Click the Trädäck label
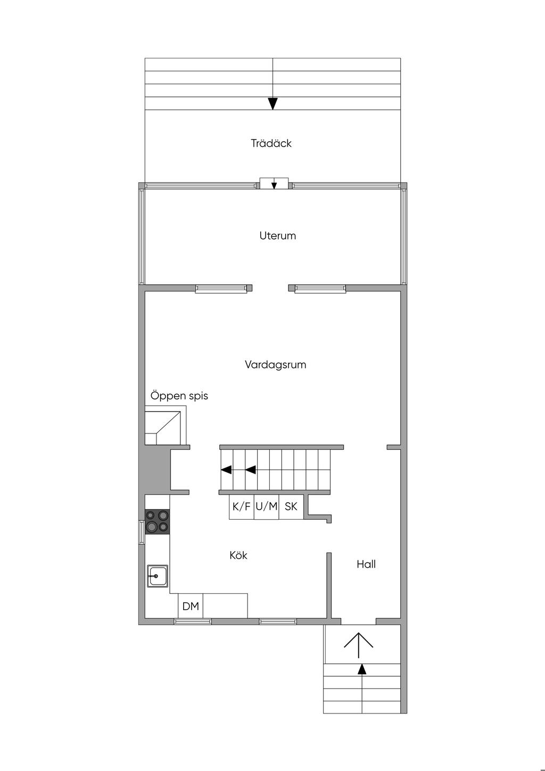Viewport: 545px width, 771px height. click(271, 143)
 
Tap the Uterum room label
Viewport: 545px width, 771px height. click(278, 236)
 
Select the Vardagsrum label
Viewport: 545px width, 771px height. click(276, 365)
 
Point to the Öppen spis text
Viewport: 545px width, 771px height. click(179, 396)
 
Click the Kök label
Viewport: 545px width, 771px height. click(238, 555)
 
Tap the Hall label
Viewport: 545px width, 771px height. click(366, 564)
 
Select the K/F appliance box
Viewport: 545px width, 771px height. click(242, 507)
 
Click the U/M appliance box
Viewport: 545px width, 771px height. click(267, 507)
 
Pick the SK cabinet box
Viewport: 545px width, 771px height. click(291, 507)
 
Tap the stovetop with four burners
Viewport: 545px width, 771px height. click(157, 522)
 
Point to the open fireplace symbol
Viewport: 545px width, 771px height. click(166, 425)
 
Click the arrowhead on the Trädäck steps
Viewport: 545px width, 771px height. click(273, 104)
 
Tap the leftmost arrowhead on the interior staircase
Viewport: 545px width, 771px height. click(226, 470)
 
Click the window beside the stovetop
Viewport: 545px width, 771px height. click(142, 532)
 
